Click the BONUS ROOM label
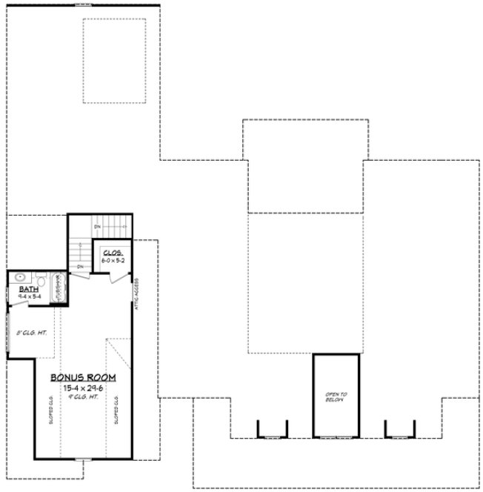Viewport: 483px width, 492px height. click(x=82, y=377)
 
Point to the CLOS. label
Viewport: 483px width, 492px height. click(x=112, y=253)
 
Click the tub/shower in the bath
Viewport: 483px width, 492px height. click(x=59, y=287)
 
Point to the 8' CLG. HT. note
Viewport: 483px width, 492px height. click(x=30, y=333)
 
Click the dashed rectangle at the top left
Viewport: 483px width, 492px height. click(x=114, y=61)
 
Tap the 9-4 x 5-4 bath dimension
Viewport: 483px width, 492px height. click(x=19, y=296)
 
